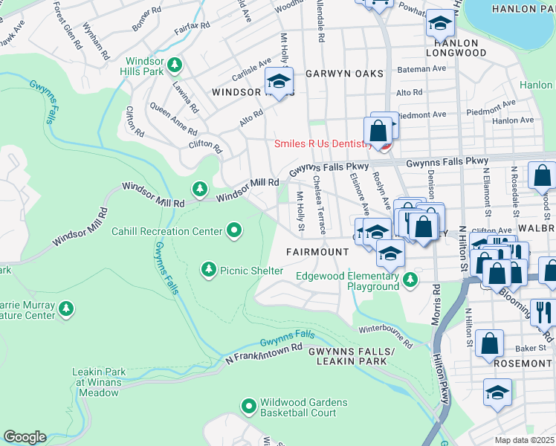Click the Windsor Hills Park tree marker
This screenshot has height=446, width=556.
(175, 65)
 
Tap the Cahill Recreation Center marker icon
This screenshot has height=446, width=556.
(235, 231)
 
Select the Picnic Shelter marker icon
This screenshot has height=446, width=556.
(209, 271)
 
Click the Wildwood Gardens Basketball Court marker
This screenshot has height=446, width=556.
(249, 406)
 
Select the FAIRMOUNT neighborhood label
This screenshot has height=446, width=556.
(317, 252)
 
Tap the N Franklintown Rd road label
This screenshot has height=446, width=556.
(265, 353)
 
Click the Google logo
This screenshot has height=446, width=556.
(25, 437)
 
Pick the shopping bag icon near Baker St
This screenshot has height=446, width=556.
(490, 343)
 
